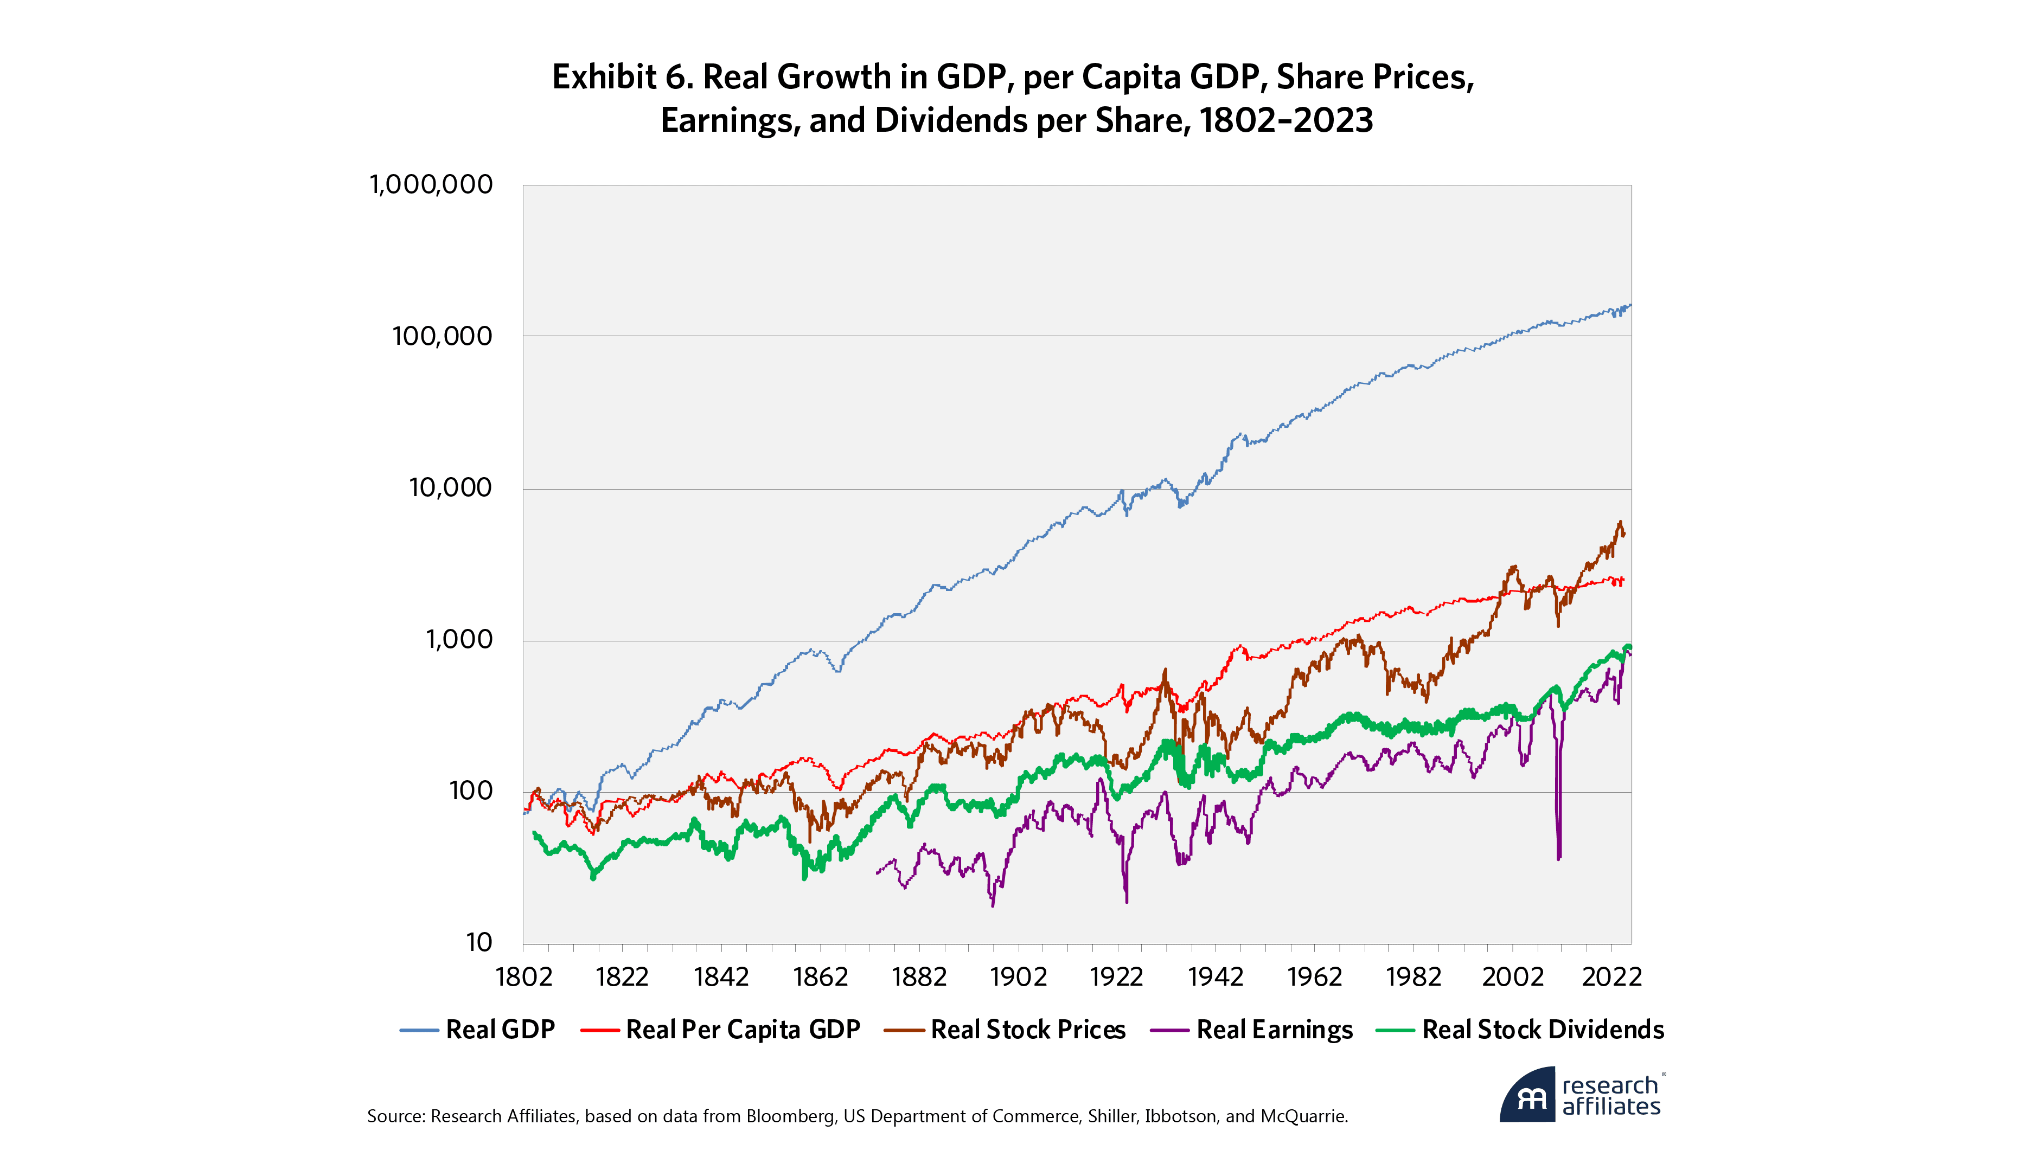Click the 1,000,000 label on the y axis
click(431, 184)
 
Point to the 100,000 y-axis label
click(442, 336)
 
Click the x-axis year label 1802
click(523, 976)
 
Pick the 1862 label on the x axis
click(820, 976)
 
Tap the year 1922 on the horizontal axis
click(1117, 976)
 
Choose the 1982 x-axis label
click(1413, 976)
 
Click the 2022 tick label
click(1611, 976)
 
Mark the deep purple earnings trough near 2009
click(1559, 857)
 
